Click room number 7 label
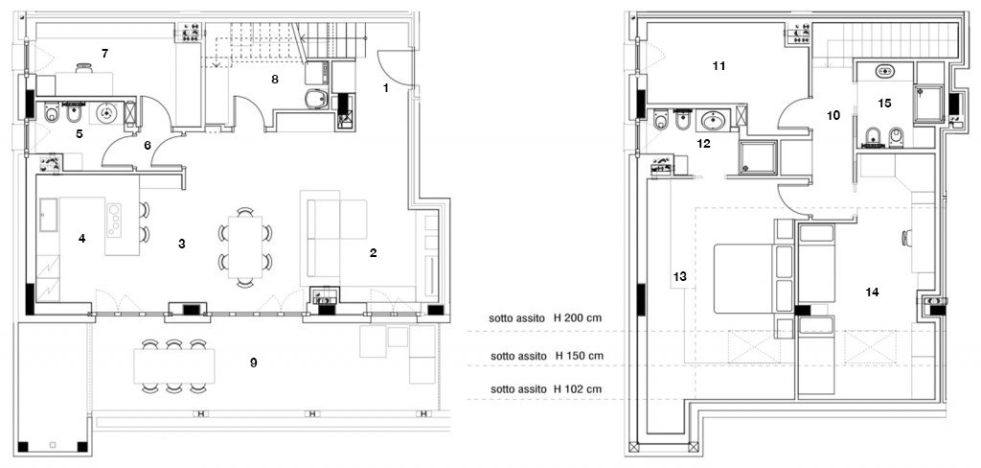[104, 51]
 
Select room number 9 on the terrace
[254, 363]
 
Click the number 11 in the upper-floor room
[719, 66]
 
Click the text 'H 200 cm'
[581, 317]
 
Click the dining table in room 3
[244, 246]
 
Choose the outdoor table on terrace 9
[173, 364]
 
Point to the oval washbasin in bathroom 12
[712, 121]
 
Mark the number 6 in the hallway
[148, 146]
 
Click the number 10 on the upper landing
[833, 115]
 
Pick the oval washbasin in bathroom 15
[883, 71]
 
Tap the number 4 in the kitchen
[82, 238]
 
